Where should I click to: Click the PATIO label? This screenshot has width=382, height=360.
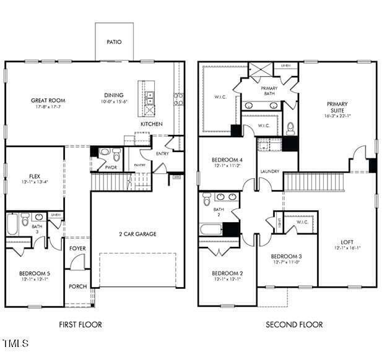pyautogui.click(x=113, y=42)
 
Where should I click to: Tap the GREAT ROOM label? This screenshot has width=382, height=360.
pyautogui.click(x=48, y=100)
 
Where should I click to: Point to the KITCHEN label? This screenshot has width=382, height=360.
pyautogui.click(x=151, y=124)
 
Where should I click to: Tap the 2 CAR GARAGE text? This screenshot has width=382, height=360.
pyautogui.click(x=137, y=234)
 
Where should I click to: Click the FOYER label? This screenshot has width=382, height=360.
pyautogui.click(x=77, y=249)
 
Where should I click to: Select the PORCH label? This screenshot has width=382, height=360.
pyautogui.click(x=77, y=286)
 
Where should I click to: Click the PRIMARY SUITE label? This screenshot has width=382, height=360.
pyautogui.click(x=337, y=108)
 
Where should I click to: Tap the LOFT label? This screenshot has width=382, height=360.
pyautogui.click(x=347, y=242)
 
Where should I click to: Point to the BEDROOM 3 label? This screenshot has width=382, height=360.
pyautogui.click(x=287, y=256)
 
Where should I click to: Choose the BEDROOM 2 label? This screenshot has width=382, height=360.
pyautogui.click(x=227, y=273)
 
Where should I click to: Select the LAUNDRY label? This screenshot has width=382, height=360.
pyautogui.click(x=269, y=171)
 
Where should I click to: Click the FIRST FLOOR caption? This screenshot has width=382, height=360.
pyautogui.click(x=80, y=325)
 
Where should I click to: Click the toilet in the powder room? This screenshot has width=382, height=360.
pyautogui.click(x=104, y=152)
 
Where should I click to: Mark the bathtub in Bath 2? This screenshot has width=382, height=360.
pyautogui.click(x=211, y=229)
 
